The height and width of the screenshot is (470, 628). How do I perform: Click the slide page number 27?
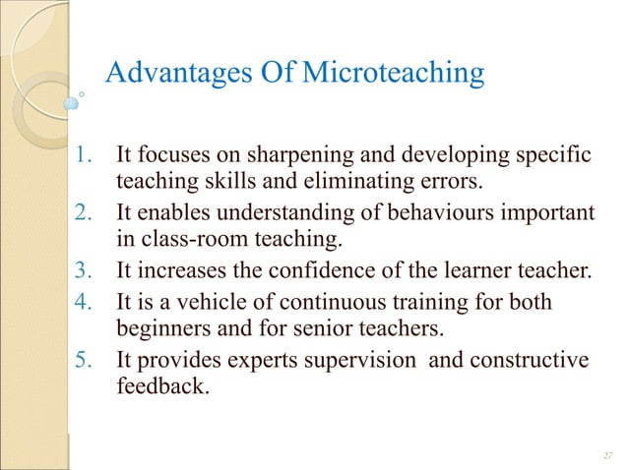[605, 454]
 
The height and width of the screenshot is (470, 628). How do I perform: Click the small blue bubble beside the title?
[72, 101]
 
